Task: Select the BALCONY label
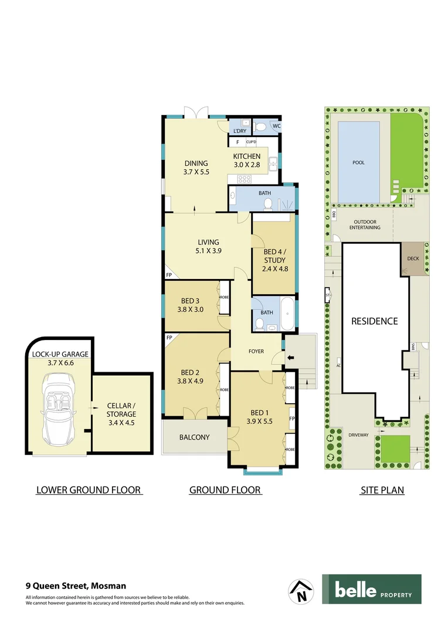(195, 437)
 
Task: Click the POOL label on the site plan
(358, 162)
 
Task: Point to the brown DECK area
(413, 258)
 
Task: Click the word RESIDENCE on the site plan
(374, 321)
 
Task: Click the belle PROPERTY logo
(371, 589)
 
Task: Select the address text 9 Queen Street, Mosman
(76, 585)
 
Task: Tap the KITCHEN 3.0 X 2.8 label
(246, 160)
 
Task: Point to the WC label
(276, 126)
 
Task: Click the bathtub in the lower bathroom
(287, 317)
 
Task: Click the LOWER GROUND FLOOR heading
(89, 490)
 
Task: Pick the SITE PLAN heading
(382, 490)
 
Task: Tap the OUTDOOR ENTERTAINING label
(365, 224)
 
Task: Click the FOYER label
(256, 352)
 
